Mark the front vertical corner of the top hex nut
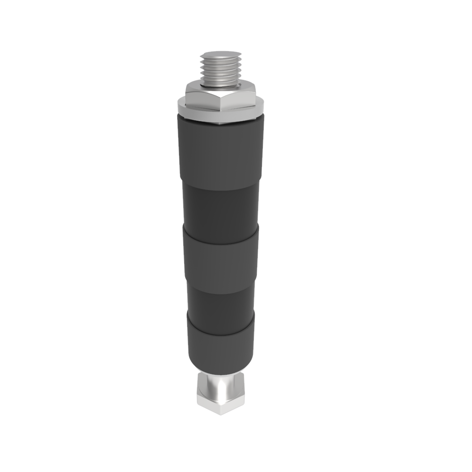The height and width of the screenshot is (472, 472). point(220,105)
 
